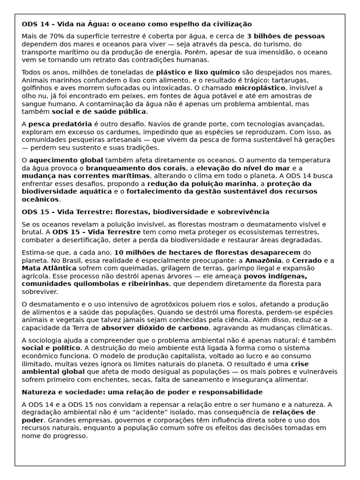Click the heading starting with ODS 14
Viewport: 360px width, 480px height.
tap(136, 24)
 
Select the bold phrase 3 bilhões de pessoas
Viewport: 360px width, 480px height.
tap(285, 36)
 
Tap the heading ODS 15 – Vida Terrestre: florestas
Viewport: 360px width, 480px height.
tap(145, 212)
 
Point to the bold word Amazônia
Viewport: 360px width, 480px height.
tap(263, 261)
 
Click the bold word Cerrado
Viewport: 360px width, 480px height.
tap(307, 261)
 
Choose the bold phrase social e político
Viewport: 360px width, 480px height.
tap(51, 348)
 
